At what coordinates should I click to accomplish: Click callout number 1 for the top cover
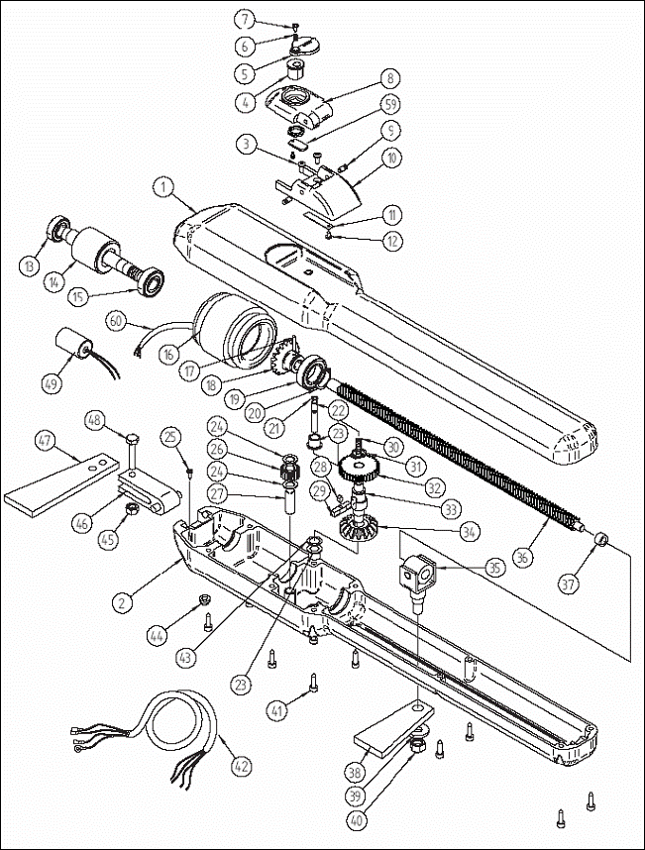(163, 188)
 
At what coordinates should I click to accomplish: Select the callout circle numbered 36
(522, 558)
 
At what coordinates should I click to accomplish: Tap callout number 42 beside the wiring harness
(241, 766)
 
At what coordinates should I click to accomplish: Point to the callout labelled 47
(45, 440)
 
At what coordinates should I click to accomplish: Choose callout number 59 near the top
(390, 104)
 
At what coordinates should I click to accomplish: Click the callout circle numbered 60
(116, 321)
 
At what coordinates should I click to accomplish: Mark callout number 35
(494, 568)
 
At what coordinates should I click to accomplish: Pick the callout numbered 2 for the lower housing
(123, 602)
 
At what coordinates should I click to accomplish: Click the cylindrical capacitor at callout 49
(74, 343)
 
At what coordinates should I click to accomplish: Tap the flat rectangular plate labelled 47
(60, 484)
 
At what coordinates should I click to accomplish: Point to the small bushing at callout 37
(600, 541)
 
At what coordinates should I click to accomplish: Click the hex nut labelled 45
(131, 508)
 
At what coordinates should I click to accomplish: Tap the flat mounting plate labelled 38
(393, 728)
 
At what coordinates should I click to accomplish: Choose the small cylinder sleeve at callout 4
(295, 70)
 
